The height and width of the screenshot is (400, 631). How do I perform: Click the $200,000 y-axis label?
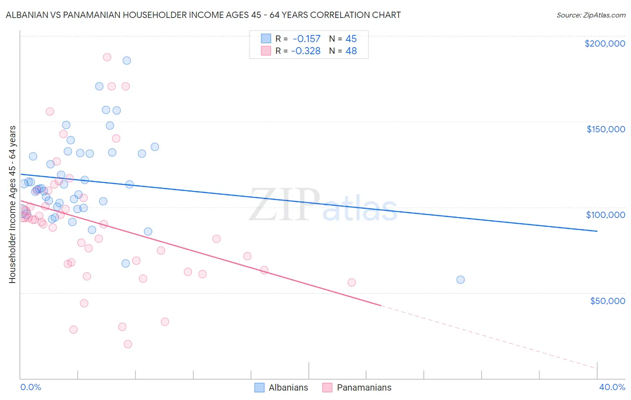pyautogui.click(x=605, y=43)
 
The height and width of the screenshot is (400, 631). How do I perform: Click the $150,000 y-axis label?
pyautogui.click(x=605, y=129)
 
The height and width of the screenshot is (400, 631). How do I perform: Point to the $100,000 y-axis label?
pyautogui.click(x=605, y=215)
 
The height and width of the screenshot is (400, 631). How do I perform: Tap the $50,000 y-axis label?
pyautogui.click(x=607, y=300)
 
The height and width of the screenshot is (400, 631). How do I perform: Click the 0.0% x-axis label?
pyautogui.click(x=31, y=387)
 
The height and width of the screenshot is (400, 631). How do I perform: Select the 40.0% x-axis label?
pyautogui.click(x=612, y=387)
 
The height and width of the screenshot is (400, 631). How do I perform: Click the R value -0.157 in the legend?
pyautogui.click(x=307, y=39)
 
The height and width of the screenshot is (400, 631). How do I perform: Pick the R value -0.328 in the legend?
pyautogui.click(x=306, y=51)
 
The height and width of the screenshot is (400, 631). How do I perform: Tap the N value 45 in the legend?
pyautogui.click(x=351, y=39)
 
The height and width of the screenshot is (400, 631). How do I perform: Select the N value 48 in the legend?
pyautogui.click(x=351, y=51)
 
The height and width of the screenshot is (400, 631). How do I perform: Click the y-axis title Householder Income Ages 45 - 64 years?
pyautogui.click(x=12, y=204)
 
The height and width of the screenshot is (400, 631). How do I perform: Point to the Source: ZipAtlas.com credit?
pyautogui.click(x=591, y=15)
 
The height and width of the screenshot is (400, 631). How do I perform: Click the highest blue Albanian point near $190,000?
pyautogui.click(x=127, y=61)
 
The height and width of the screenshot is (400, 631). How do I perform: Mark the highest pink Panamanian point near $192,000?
pyautogui.click(x=107, y=57)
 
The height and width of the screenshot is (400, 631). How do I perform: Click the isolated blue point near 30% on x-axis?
pyautogui.click(x=460, y=280)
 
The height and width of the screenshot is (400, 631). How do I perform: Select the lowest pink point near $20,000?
pyautogui.click(x=128, y=344)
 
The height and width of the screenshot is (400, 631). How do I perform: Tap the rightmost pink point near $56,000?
pyautogui.click(x=351, y=283)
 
